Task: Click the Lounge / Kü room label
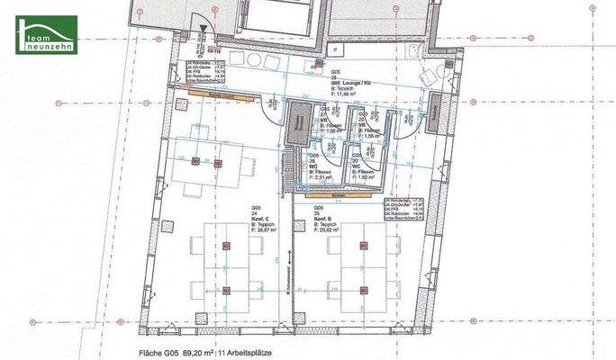point(347,82)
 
